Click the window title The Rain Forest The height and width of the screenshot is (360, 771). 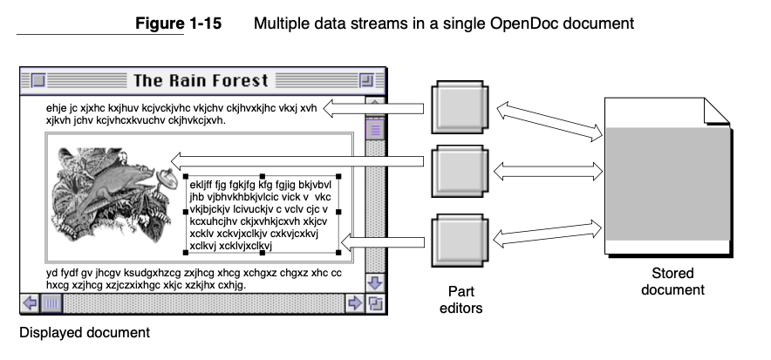pos(200,81)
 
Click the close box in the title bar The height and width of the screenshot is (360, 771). pos(38,81)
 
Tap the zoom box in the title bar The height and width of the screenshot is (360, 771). pos(367,81)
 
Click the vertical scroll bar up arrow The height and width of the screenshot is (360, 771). pos(375,107)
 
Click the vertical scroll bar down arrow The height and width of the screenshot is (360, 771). pos(375,283)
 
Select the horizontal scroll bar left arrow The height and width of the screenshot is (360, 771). pos(29,303)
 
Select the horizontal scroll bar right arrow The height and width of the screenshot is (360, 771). pos(355,303)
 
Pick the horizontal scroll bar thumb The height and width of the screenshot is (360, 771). pos(51,303)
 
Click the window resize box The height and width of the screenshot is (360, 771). pos(375,303)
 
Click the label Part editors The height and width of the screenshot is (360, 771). pos(461,299)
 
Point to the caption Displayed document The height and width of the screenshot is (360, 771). pos(85,332)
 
